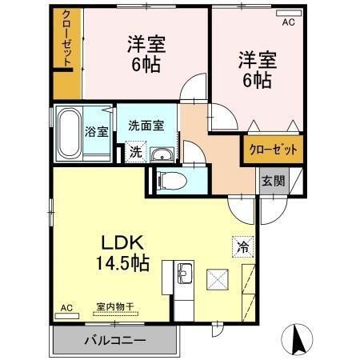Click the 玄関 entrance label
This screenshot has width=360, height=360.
tap(272, 181)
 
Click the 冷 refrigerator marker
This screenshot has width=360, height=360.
tap(242, 247)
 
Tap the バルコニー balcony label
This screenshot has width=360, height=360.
tap(115, 341)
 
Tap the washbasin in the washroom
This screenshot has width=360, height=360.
tap(161, 154)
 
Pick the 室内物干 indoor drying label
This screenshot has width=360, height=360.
tap(115, 306)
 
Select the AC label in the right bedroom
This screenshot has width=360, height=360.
tap(287, 23)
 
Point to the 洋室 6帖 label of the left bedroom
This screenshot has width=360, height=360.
tap(144, 54)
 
